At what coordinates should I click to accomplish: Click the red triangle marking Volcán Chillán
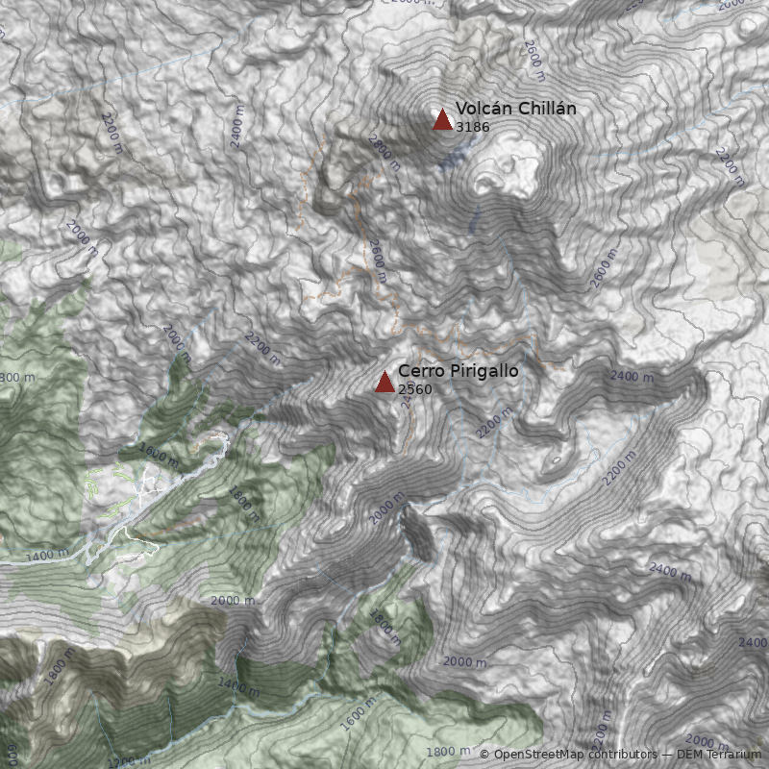442,120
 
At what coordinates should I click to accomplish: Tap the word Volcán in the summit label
479,109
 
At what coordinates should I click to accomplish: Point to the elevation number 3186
472,126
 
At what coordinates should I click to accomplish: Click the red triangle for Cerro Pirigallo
384,383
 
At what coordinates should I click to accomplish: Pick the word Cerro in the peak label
419,371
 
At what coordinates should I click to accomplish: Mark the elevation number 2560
414,389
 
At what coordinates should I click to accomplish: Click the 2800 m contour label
384,152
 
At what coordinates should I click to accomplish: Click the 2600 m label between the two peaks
376,260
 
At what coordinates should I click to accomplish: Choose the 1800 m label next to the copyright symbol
448,751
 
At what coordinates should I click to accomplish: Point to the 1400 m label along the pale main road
47,556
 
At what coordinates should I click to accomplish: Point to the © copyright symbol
484,755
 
